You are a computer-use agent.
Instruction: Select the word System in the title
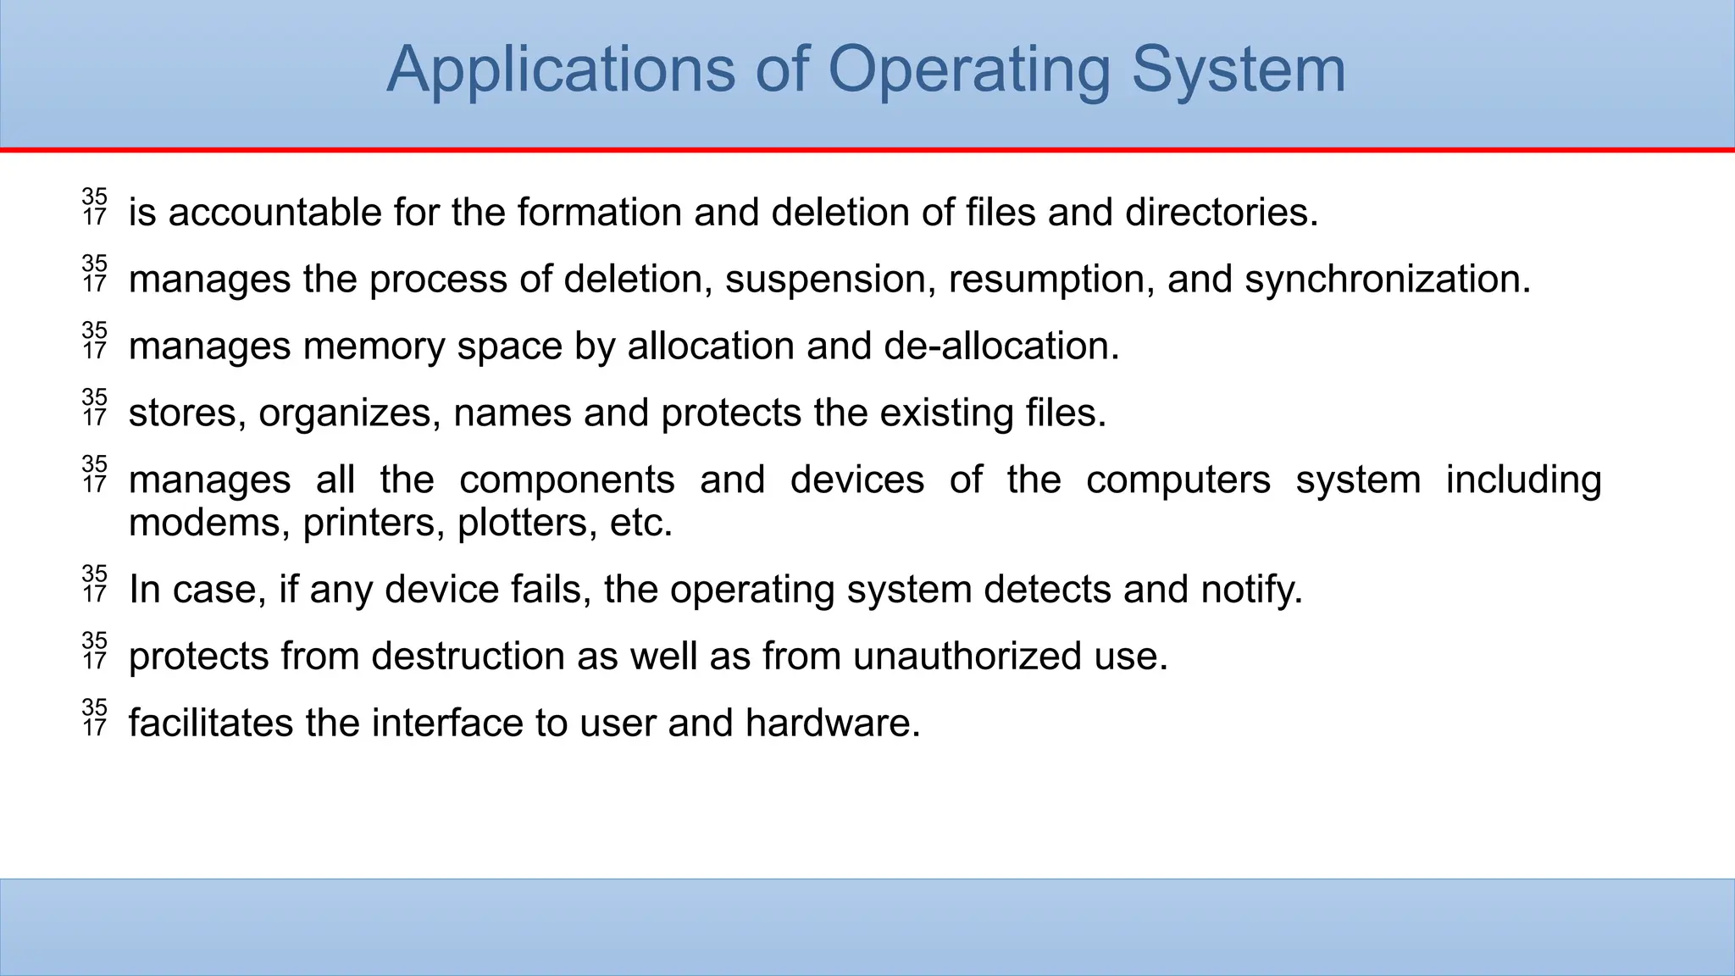click(1239, 69)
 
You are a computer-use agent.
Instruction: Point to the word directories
click(1222, 212)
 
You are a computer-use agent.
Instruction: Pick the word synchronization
click(1388, 279)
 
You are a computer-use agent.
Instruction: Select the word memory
click(374, 346)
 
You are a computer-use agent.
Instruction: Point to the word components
click(567, 480)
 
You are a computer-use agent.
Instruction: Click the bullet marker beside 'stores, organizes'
click(95, 408)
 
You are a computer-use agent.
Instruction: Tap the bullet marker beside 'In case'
click(95, 584)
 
